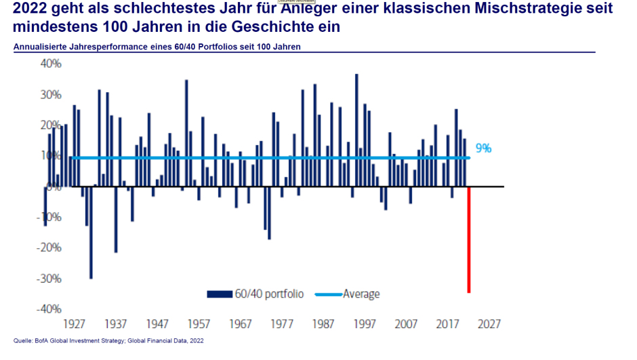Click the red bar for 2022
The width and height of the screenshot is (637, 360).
tap(468, 239)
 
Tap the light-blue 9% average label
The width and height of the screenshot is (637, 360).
tap(483, 148)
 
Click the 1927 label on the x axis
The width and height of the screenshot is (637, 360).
tap(74, 323)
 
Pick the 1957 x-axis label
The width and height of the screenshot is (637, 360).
tap(199, 323)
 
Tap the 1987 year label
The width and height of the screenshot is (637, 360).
tap(323, 323)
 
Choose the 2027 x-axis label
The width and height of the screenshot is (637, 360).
tap(488, 323)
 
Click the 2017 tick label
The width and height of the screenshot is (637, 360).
tap(447, 323)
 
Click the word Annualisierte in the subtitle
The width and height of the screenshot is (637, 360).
tap(41, 47)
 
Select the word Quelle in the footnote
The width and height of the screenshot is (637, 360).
tap(23, 340)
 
